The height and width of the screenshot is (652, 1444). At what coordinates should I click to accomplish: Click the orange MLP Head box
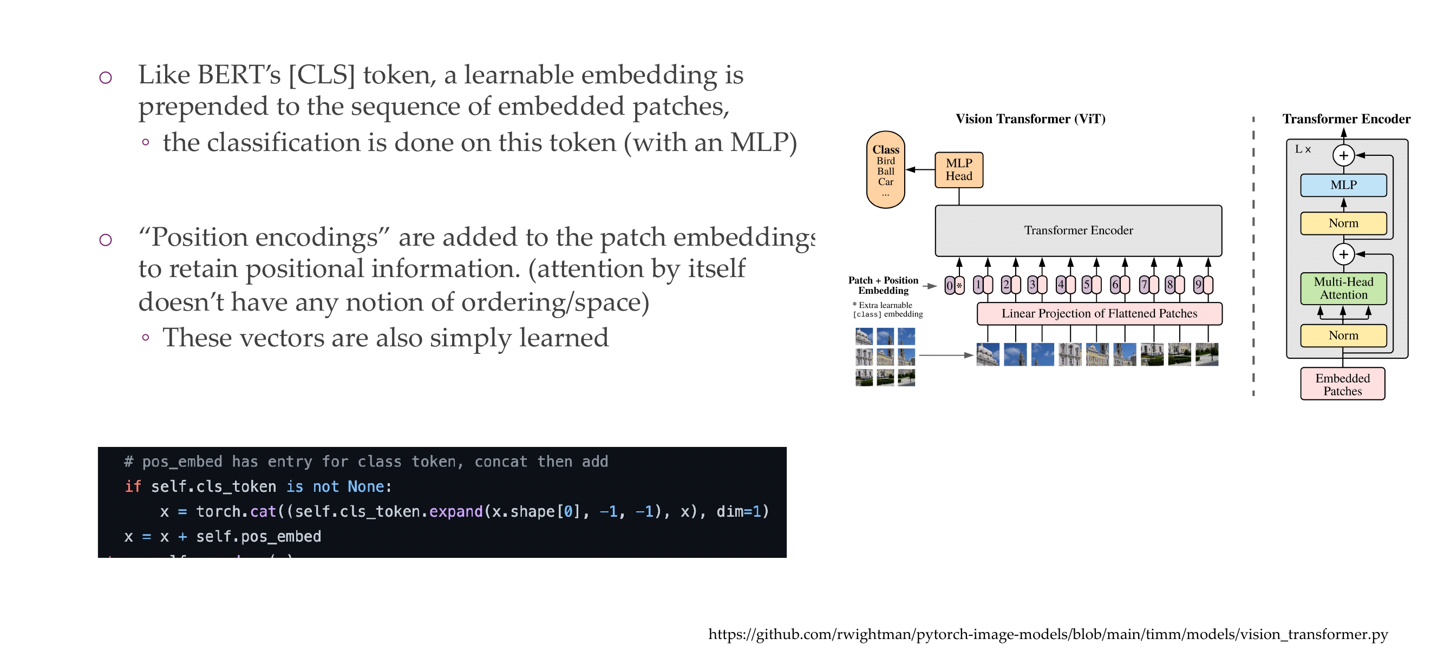pos(958,170)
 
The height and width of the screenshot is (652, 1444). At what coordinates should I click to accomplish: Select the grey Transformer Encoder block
pos(1078,230)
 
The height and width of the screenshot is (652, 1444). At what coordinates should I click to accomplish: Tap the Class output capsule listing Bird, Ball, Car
pos(885,170)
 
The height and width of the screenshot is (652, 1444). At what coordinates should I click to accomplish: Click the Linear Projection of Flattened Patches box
pos(1099,313)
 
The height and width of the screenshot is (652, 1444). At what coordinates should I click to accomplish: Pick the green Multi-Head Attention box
pos(1343,288)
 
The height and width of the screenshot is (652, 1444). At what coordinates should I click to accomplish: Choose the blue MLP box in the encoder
pos(1343,185)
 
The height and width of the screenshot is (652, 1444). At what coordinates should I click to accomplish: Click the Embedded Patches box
pos(1342,384)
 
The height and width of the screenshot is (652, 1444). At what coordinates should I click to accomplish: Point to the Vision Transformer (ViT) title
pos(1030,118)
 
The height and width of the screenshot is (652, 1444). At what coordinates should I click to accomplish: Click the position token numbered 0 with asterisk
pos(954,285)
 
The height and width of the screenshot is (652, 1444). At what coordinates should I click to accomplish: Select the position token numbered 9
pos(1203,285)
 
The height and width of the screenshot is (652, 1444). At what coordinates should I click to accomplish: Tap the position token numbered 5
pos(1091,285)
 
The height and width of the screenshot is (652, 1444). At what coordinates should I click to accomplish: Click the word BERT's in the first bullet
pos(239,75)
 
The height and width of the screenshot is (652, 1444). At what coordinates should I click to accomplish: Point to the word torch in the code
pos(218,511)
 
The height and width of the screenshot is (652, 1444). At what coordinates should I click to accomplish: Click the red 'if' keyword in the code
pos(133,486)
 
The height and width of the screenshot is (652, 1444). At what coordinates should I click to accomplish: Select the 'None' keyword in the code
pos(365,486)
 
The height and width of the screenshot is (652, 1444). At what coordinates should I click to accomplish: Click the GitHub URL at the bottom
pos(1048,634)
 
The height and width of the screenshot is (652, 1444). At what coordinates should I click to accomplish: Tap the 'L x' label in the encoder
pos(1302,149)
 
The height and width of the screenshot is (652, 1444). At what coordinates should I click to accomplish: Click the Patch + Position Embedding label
pos(883,285)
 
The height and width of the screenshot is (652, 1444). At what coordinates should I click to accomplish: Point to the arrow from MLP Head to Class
pos(920,170)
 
